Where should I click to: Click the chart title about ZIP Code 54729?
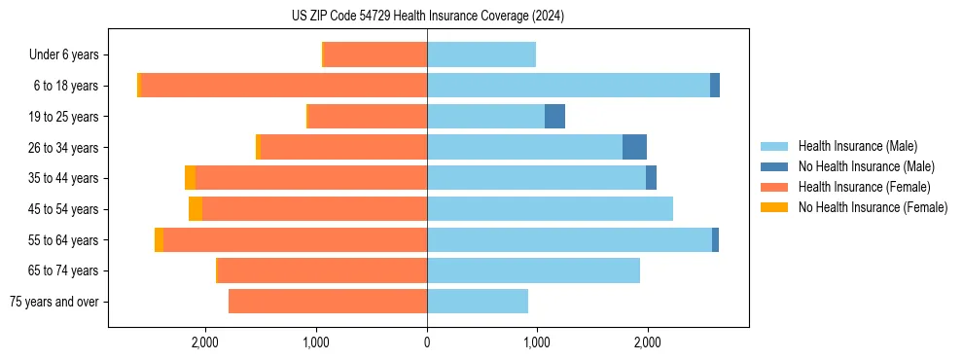coord(427,16)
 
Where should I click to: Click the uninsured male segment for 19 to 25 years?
coord(554,117)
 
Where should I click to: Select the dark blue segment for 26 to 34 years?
coord(634,148)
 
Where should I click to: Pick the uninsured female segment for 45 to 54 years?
coord(196,209)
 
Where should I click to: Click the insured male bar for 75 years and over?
coord(478,302)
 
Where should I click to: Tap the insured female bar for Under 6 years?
coord(374,55)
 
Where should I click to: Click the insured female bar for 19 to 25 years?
coord(367,117)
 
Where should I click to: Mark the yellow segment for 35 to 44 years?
coord(191,178)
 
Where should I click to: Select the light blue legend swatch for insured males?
coord(774,146)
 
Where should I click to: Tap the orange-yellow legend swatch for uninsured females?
coord(774,207)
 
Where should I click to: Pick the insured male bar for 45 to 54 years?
coord(550,209)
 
